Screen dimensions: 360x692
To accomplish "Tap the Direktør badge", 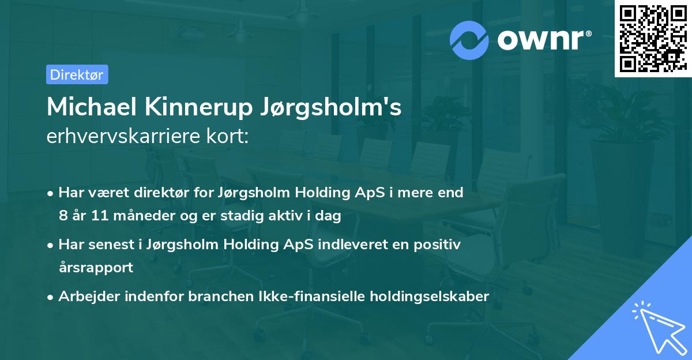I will coord(77,74).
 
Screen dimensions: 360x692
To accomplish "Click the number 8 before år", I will coord(63,216).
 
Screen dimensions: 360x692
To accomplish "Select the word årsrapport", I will coord(96,267).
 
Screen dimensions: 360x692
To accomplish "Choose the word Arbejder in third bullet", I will coord(86,297).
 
